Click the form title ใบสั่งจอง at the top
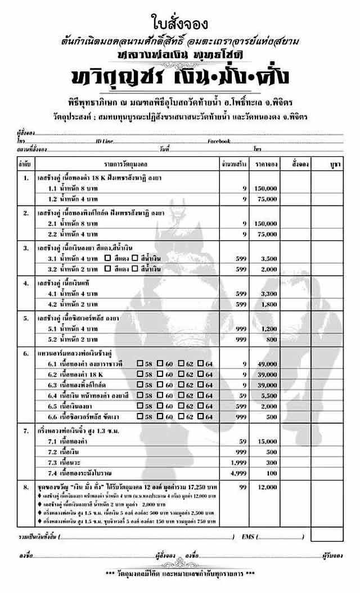click(x=179, y=23)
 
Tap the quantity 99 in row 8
click(x=243, y=486)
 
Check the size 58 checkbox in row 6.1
click(x=140, y=364)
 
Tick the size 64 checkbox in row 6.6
click(x=201, y=416)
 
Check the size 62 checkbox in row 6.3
click(x=181, y=385)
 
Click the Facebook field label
click(x=219, y=141)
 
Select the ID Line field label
click(x=105, y=141)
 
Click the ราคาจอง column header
click(x=267, y=164)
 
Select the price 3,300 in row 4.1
click(x=268, y=294)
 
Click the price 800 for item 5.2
click(x=271, y=339)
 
